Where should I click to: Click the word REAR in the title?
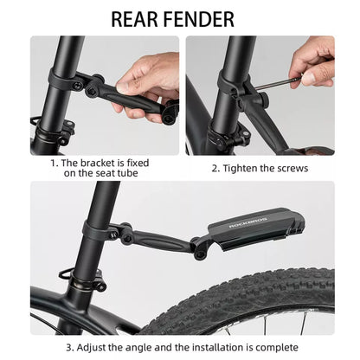click(134, 19)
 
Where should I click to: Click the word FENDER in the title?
click(199, 19)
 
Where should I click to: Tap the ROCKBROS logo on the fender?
click(248, 222)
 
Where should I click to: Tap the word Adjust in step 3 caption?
click(91, 347)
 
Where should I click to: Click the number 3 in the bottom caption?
click(68, 347)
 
